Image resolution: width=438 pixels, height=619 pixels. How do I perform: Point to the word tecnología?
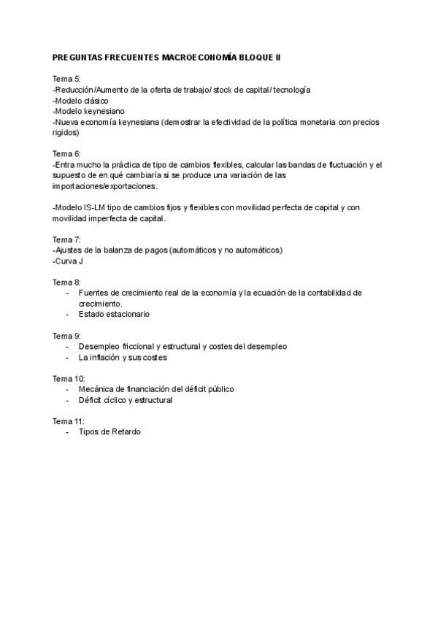(x=291, y=90)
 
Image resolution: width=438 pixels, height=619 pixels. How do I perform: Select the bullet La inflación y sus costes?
(x=123, y=358)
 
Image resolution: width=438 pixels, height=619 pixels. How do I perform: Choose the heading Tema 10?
(x=69, y=378)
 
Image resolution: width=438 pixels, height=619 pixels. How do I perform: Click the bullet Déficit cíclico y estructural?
(x=125, y=400)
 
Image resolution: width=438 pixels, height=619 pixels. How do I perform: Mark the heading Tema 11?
(x=69, y=421)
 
